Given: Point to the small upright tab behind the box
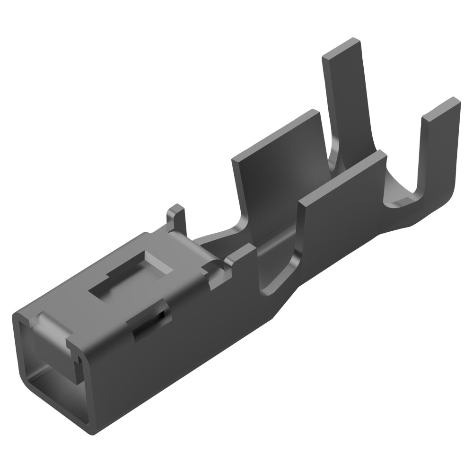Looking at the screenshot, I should point(176,219).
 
